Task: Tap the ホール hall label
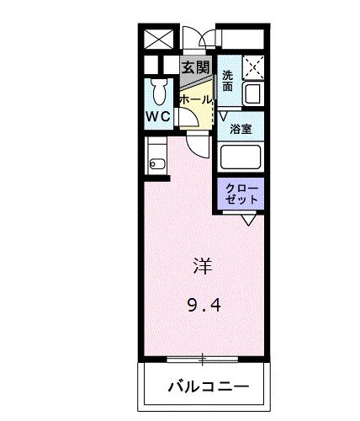coord(195,99)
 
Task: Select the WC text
coord(159,117)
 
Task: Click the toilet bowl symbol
coord(158,90)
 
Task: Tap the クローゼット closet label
coord(243,193)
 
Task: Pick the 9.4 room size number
coord(203,305)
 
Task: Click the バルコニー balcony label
coord(207,388)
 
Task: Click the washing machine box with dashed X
coord(252,67)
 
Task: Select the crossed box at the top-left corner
coord(158,39)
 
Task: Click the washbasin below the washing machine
coord(251,94)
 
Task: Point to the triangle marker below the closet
coord(250,220)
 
